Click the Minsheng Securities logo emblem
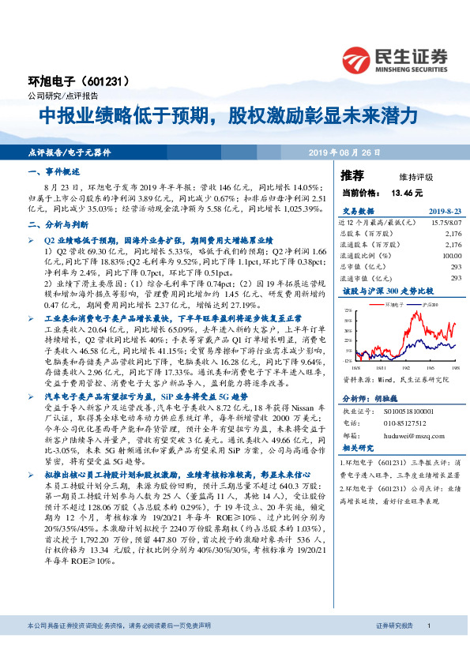coord(355,58)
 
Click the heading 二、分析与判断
coord(55,224)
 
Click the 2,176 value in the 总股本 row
coord(453,235)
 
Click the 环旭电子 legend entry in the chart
coord(393,304)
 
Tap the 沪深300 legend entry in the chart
coord(428,304)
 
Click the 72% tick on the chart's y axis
coord(348,313)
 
